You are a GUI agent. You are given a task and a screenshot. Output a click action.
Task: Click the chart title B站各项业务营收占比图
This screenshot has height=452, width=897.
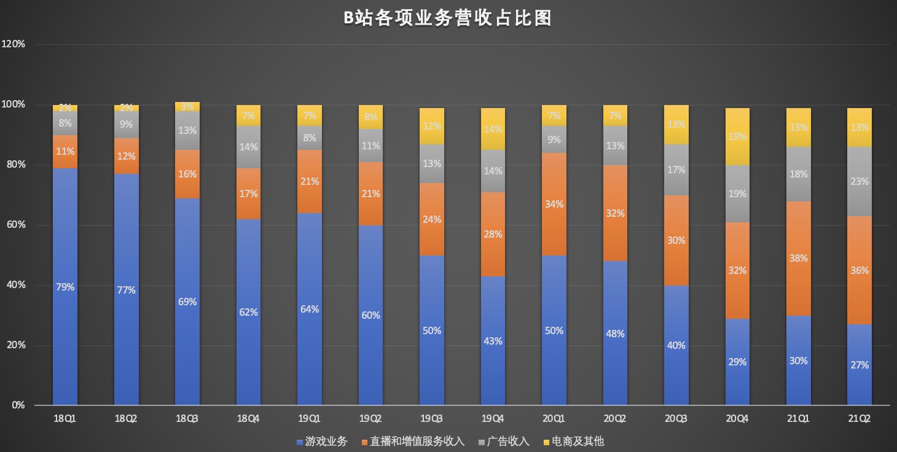(x=447, y=18)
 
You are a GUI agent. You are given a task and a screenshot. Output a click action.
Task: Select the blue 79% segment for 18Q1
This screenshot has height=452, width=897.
(x=65, y=287)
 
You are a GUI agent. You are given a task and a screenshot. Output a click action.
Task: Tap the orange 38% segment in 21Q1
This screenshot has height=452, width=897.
(x=798, y=259)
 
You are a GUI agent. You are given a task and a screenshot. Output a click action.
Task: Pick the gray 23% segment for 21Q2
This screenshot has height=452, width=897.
(x=860, y=181)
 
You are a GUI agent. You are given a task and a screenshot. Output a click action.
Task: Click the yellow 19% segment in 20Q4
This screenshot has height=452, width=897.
(x=737, y=137)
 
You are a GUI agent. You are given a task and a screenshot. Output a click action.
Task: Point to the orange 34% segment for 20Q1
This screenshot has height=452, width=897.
(x=554, y=204)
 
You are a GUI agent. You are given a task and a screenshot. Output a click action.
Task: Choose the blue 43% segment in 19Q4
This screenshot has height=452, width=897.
(x=493, y=341)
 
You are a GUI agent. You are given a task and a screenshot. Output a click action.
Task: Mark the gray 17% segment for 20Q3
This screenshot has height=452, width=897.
(x=676, y=169)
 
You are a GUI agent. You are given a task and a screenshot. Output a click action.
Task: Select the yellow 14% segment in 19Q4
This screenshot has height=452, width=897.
(x=493, y=129)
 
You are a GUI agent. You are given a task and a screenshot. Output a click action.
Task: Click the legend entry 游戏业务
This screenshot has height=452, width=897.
(x=322, y=442)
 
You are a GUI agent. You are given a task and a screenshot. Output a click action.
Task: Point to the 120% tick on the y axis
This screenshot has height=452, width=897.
(x=14, y=44)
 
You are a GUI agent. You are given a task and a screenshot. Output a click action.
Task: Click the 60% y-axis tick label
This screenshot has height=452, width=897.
(x=15, y=225)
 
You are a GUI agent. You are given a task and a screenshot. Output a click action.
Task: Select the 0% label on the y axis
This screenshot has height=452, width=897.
(x=18, y=405)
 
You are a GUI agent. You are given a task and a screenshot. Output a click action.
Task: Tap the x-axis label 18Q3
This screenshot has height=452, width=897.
(x=187, y=419)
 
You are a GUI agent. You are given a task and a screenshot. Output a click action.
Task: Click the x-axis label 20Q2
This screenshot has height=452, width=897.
(x=615, y=419)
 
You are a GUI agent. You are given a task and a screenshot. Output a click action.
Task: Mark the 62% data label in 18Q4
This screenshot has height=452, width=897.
(x=249, y=312)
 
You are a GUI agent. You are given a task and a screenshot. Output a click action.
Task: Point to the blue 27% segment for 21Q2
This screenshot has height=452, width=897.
(x=860, y=365)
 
